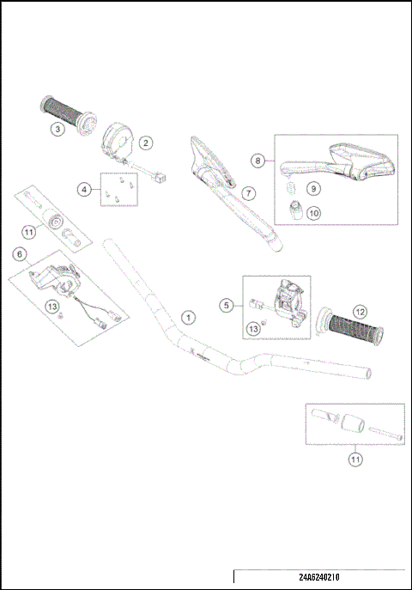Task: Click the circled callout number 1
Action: pos(188,318)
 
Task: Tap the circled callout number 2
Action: pos(146,143)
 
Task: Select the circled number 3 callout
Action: pos(57,130)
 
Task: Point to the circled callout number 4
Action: pos(84,189)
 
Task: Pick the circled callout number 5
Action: pos(227,304)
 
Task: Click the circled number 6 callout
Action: pos(20,253)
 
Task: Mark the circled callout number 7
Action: pos(246,193)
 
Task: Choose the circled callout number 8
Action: pos(257,161)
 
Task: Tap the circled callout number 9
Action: pos(313,187)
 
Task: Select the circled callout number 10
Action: pos(313,212)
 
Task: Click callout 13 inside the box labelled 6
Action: pos(52,305)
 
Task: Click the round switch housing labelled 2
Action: pos(118,140)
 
